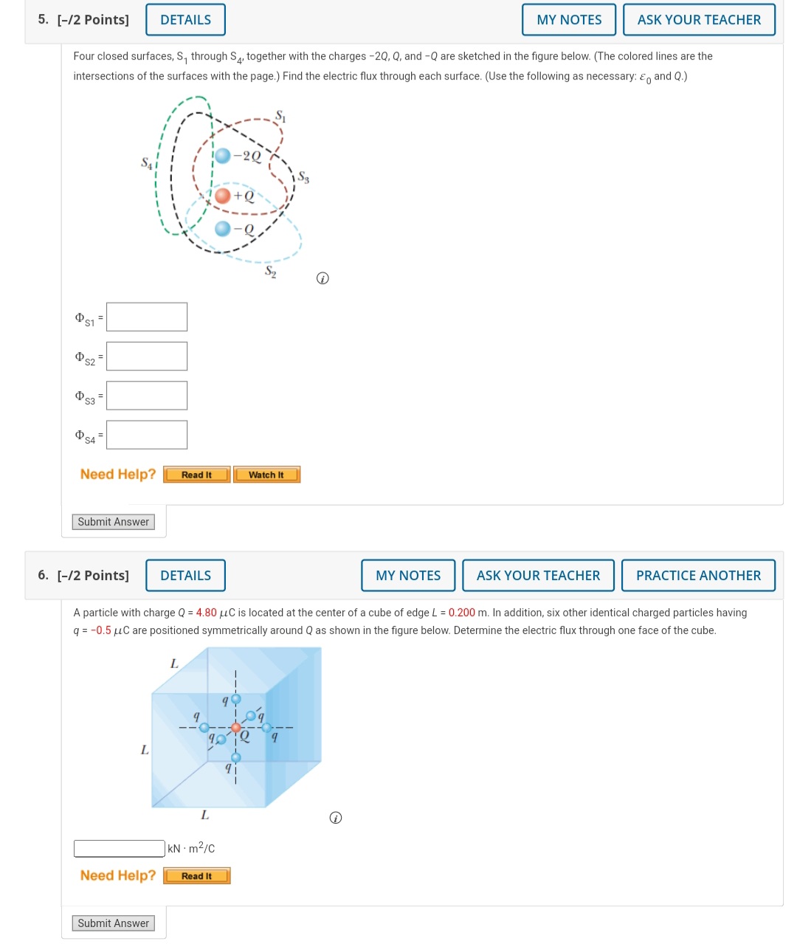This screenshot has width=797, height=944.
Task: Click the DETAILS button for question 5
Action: coord(185,20)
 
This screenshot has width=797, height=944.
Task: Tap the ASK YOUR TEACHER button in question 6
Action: coord(538,576)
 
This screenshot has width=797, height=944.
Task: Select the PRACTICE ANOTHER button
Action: coord(698,576)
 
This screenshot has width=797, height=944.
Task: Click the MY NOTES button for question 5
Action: coord(568,20)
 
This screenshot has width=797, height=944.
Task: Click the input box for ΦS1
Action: coord(147,317)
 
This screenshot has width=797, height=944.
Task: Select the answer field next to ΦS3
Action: coord(147,396)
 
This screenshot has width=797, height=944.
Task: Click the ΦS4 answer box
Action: coord(147,435)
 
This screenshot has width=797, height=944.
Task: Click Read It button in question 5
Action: coord(196,475)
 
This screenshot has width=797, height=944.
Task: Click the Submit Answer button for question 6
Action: coord(114,923)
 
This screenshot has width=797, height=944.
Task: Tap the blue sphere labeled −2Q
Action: coord(223,156)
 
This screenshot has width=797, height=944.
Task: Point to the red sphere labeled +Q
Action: coord(223,196)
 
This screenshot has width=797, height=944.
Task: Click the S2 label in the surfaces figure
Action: coord(271,272)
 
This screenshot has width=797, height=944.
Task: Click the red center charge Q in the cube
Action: coord(235,728)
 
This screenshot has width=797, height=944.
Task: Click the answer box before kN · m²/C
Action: coord(120,849)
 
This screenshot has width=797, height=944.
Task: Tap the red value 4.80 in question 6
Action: coord(207,613)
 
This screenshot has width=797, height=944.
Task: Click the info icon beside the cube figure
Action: coord(335,818)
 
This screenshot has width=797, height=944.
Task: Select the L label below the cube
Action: coord(205,816)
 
